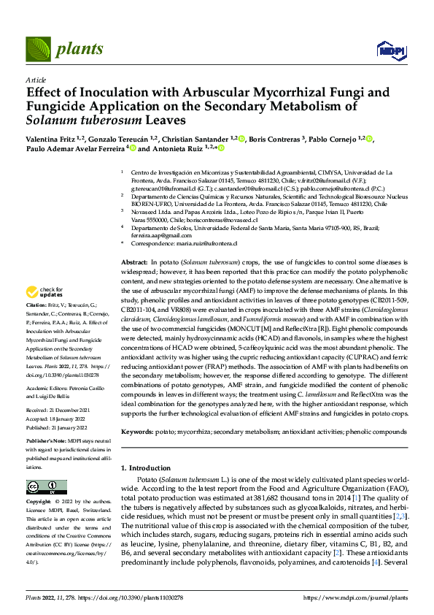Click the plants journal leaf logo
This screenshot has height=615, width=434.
point(41,50)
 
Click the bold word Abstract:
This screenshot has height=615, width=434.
point(133,261)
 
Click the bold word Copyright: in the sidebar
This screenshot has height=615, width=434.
point(40,502)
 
